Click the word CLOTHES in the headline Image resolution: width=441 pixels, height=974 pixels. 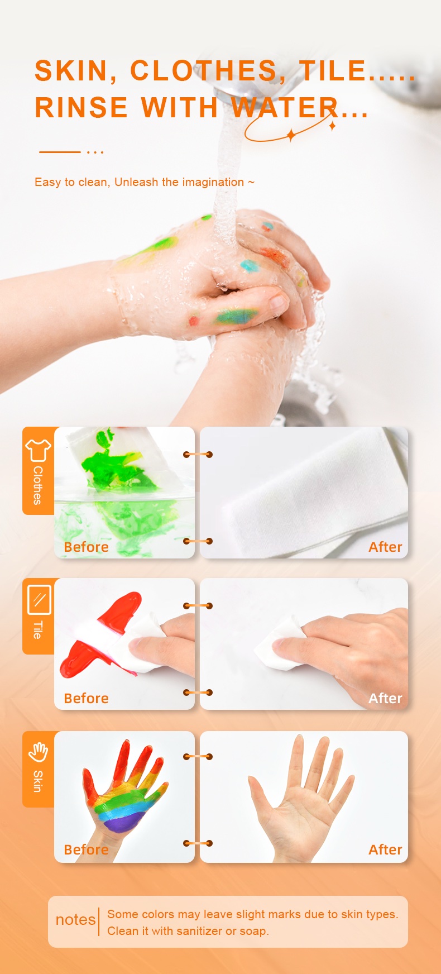click(x=204, y=71)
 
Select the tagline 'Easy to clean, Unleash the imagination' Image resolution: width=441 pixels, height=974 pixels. click(x=139, y=182)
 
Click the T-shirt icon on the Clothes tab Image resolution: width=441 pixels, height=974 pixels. click(x=38, y=450)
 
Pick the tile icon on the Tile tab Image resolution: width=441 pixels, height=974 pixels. click(x=39, y=599)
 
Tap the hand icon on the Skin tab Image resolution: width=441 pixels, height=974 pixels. click(x=38, y=752)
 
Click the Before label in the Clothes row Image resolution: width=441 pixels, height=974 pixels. click(x=86, y=547)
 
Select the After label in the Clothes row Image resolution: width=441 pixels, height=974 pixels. click(x=385, y=547)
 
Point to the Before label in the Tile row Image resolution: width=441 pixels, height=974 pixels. click(x=86, y=698)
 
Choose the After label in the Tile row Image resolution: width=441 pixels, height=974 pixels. click(x=385, y=698)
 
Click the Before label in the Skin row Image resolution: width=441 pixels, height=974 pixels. click(x=86, y=849)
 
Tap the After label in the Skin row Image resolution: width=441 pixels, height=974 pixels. click(x=385, y=849)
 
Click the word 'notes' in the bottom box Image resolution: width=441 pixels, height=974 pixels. click(x=75, y=920)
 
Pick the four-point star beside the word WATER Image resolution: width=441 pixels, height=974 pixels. click(x=290, y=135)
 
